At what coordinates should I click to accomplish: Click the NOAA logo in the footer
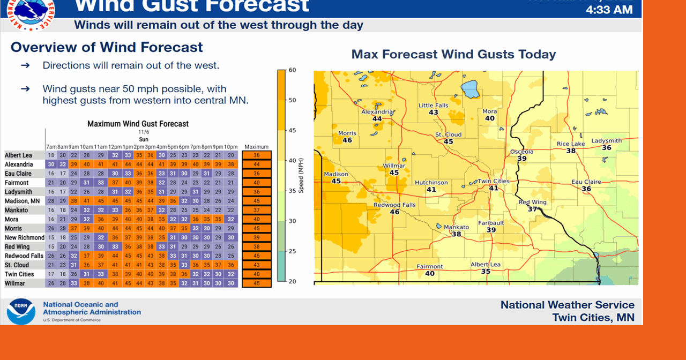click(21, 311)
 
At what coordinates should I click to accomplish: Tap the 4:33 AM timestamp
click(609, 10)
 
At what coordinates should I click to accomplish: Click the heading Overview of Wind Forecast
click(107, 47)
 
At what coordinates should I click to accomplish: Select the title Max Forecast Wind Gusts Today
click(453, 54)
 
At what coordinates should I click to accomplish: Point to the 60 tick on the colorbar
click(293, 70)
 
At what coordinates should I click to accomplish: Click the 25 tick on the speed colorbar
click(293, 251)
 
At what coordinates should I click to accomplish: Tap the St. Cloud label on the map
click(448, 134)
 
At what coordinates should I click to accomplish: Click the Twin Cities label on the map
click(494, 181)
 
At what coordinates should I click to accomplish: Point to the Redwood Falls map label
click(394, 205)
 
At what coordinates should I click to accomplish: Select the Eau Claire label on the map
click(586, 182)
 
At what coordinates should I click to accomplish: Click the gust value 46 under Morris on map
click(347, 140)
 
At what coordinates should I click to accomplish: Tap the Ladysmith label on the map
click(606, 141)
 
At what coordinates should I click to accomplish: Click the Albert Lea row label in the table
click(19, 155)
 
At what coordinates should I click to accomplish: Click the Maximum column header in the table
click(256, 147)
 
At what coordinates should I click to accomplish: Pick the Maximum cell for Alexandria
click(256, 164)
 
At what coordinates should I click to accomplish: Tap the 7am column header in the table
click(51, 147)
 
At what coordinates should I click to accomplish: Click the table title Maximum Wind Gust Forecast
click(138, 124)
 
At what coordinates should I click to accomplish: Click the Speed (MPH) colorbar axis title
click(301, 177)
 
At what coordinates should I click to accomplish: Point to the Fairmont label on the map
click(430, 266)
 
